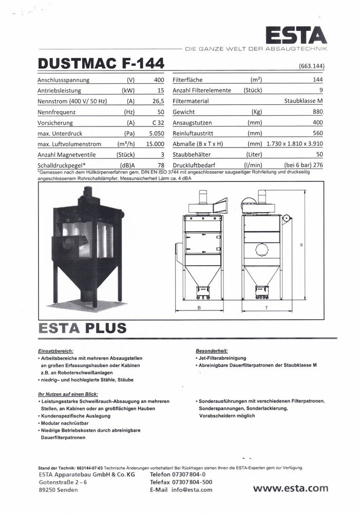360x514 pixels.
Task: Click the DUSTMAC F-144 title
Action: coord(101,64)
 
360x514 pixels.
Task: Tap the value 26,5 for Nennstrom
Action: coord(158,101)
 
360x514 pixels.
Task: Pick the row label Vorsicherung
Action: coord(55,123)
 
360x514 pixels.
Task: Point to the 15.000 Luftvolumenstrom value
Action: coord(155,144)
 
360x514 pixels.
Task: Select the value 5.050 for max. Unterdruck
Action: coord(156,134)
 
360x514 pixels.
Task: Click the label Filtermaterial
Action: coord(191,101)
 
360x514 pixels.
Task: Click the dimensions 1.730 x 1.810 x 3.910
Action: coord(294,144)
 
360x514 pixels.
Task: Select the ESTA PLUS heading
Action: coord(82,327)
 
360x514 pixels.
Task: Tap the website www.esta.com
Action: coord(290,488)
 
